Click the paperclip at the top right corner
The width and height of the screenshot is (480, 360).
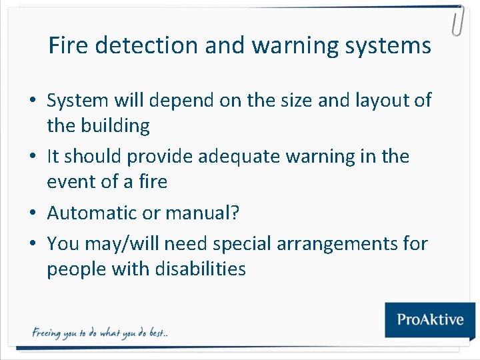click(x=457, y=21)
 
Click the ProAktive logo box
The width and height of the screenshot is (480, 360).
click(x=430, y=319)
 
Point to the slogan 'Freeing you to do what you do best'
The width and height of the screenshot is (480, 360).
click(x=100, y=332)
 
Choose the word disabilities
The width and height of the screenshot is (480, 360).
click(x=200, y=269)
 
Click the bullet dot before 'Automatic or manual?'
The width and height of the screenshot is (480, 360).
click(x=33, y=214)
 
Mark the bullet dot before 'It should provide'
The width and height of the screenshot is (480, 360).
click(x=33, y=157)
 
